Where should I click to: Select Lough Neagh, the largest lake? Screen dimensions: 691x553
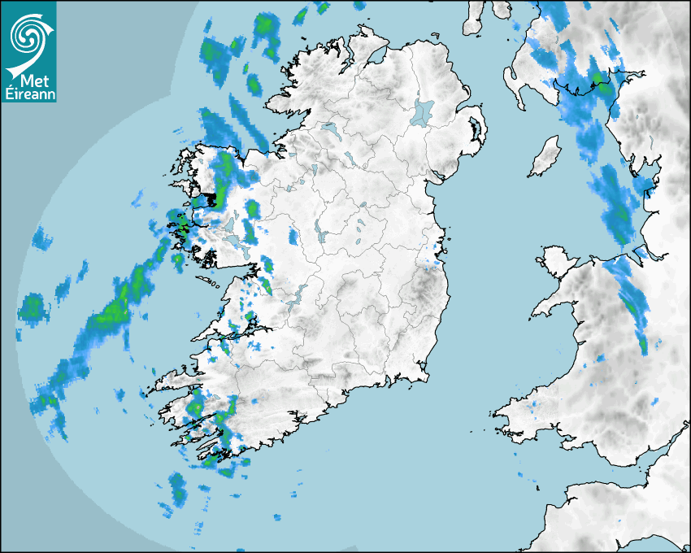(424, 111)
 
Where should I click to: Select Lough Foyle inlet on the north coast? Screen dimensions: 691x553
(376, 57)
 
